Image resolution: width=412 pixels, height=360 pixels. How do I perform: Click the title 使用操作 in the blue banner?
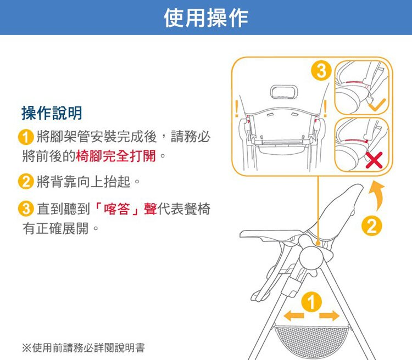click(206, 18)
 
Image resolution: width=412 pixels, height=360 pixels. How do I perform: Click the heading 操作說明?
click(52, 113)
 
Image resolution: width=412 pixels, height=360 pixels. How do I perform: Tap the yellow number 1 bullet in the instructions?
click(26, 137)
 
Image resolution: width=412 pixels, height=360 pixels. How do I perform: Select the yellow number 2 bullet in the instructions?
click(26, 182)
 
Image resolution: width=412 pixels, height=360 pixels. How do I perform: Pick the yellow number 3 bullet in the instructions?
click(26, 209)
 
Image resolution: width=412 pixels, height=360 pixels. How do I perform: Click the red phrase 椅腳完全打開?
click(115, 156)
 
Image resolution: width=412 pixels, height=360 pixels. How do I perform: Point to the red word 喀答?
click(117, 209)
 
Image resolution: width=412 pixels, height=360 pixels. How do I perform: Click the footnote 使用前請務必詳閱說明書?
click(88, 348)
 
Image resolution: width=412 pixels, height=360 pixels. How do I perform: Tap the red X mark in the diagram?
click(374, 160)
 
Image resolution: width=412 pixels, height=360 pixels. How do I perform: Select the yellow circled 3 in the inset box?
click(321, 71)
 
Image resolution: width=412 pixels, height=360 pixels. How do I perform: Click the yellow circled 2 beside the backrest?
click(371, 226)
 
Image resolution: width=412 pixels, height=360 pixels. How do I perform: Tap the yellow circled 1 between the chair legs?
click(311, 302)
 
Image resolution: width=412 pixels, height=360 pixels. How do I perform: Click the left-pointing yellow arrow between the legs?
click(294, 316)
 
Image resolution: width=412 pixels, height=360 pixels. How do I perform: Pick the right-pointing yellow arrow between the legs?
click(330, 316)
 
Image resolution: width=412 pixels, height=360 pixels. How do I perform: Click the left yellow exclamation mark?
click(237, 109)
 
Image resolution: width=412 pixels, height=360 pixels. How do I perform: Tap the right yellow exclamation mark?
click(325, 109)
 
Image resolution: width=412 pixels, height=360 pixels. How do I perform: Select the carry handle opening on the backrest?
click(284, 92)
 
